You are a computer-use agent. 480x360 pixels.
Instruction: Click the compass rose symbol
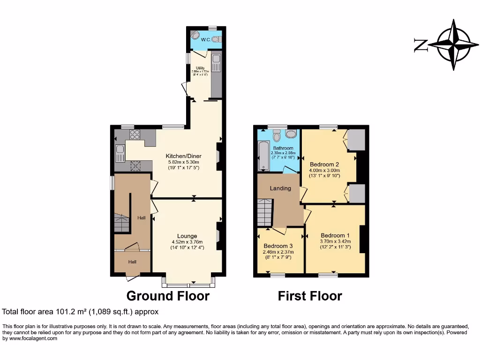[453, 45]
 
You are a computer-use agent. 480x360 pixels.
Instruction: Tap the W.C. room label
[206, 40]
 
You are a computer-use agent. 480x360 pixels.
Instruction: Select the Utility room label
[200, 68]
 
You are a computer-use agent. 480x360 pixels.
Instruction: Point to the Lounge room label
[187, 236]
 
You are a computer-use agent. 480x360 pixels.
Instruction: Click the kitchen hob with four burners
[135, 135]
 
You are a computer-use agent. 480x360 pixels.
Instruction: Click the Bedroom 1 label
[335, 235]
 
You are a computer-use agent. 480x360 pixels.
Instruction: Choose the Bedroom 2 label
[324, 164]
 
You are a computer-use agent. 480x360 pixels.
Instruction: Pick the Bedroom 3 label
[278, 246]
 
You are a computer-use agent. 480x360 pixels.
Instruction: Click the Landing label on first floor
[280, 188]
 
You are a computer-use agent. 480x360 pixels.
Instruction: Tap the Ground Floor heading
[168, 296]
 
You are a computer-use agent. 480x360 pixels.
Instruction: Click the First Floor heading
[310, 296]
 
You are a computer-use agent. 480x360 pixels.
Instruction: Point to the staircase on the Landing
[265, 212]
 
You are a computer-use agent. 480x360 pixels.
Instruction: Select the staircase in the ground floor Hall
[121, 223]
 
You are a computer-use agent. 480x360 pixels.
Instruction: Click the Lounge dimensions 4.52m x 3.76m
[187, 242]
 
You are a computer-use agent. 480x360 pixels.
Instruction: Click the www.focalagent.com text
[30, 338]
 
